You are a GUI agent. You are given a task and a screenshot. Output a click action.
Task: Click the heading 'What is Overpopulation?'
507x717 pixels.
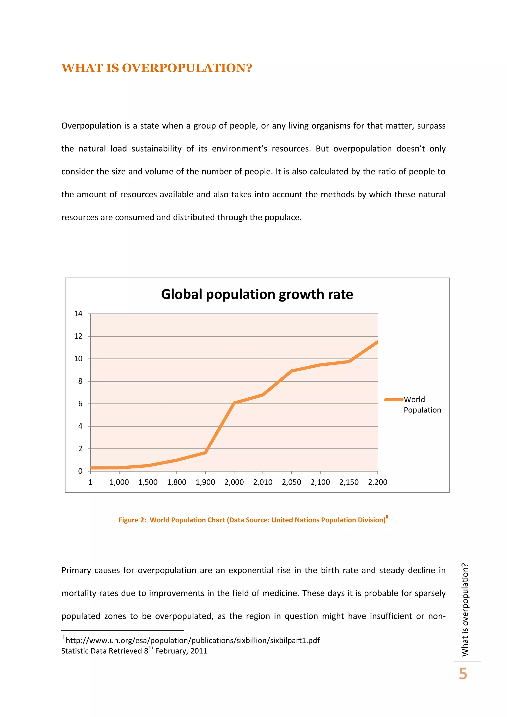click(x=156, y=68)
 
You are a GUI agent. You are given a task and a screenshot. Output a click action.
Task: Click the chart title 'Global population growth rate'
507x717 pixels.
click(x=257, y=294)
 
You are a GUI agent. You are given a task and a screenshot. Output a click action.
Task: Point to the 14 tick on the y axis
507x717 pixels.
click(x=78, y=313)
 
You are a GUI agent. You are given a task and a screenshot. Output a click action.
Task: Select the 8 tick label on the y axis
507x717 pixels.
click(x=80, y=381)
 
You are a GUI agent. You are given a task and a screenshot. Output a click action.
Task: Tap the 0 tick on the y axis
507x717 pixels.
click(x=80, y=471)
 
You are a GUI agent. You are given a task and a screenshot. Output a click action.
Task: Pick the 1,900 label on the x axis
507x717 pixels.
click(x=205, y=482)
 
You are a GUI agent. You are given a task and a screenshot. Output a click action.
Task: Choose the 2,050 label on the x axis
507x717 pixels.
click(x=291, y=482)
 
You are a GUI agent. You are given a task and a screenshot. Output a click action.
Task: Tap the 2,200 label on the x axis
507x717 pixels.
click(x=378, y=482)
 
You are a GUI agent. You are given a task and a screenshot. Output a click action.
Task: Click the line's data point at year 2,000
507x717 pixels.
click(x=234, y=403)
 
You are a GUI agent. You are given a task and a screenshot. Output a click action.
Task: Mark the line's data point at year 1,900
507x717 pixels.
click(x=205, y=452)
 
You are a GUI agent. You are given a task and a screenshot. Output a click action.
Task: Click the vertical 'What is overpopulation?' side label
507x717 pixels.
click(x=465, y=609)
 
